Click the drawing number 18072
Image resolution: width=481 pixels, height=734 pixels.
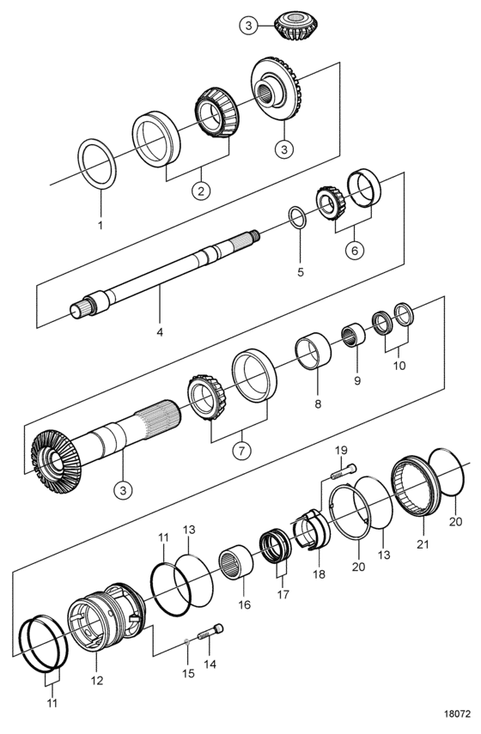[457, 715]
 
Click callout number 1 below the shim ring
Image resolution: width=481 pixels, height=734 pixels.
[100, 225]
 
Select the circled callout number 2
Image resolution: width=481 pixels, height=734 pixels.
[201, 191]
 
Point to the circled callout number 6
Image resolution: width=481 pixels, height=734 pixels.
[355, 251]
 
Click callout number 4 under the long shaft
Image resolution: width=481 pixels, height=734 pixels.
[160, 332]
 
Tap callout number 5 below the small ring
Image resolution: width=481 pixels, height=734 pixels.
[301, 272]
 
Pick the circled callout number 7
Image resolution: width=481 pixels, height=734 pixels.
[241, 452]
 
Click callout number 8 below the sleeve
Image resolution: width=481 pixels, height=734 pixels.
[318, 404]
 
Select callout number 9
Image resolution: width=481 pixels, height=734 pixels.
[357, 381]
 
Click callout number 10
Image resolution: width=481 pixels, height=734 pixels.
[399, 365]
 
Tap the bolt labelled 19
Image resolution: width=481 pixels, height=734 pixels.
[344, 471]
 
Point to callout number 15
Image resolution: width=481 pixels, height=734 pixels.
[188, 674]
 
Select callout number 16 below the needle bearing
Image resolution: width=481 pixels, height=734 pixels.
[245, 605]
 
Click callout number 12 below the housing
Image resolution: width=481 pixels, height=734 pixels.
[97, 681]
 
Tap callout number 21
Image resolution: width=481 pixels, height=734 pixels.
[423, 544]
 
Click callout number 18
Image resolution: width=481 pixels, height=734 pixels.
[319, 574]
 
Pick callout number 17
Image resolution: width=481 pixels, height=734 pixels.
[283, 595]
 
